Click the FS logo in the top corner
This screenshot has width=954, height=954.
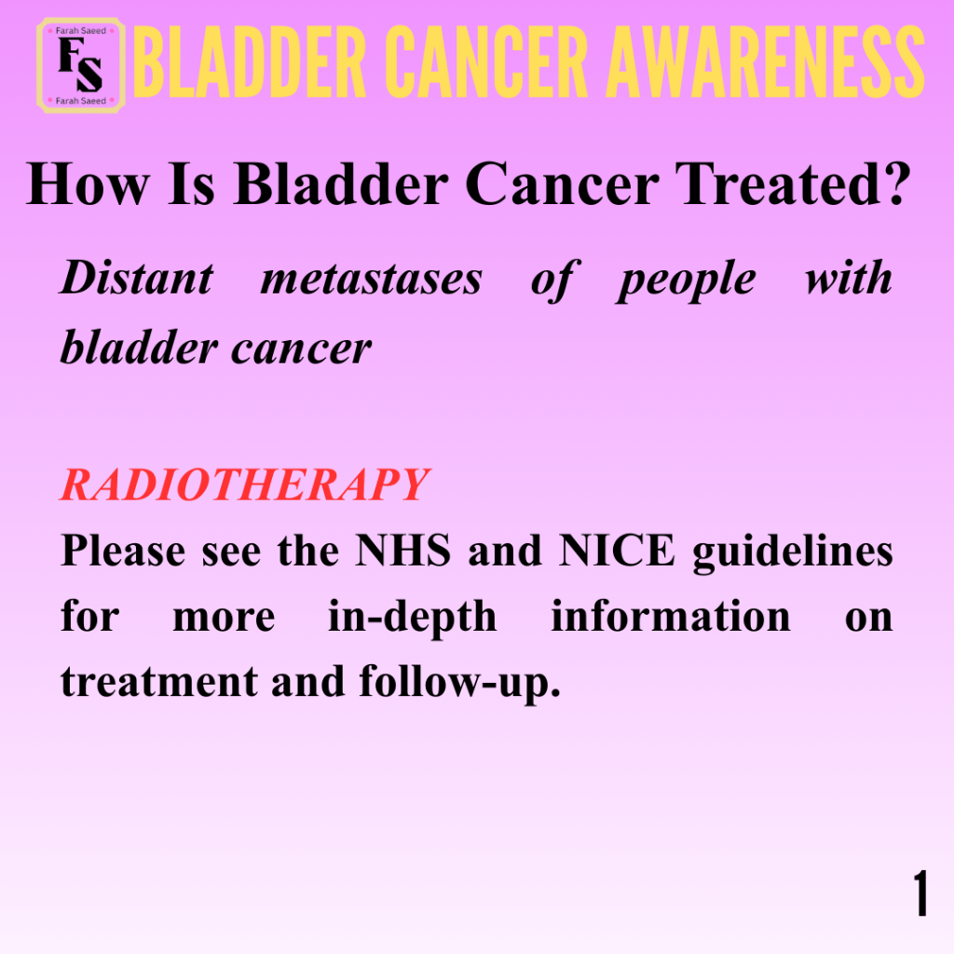tap(81, 65)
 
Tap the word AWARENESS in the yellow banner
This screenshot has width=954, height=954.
tap(766, 61)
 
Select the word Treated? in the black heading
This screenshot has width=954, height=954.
tap(793, 184)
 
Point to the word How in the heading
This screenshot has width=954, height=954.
tap(88, 184)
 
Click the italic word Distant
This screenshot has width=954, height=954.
tap(137, 279)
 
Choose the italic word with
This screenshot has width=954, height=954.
tap(849, 278)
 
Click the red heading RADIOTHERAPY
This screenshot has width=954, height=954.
tap(245, 484)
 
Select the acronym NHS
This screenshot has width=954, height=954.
tap(403, 550)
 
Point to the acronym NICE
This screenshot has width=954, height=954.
tap(617, 550)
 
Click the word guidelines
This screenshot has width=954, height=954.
tap(793, 552)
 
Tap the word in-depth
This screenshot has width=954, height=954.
tap(413, 619)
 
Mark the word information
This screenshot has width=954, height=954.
tap(671, 616)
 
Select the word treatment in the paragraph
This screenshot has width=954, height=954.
tap(159, 681)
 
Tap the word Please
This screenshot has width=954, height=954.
tap(124, 550)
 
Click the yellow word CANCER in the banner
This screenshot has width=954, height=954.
tap(486, 61)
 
